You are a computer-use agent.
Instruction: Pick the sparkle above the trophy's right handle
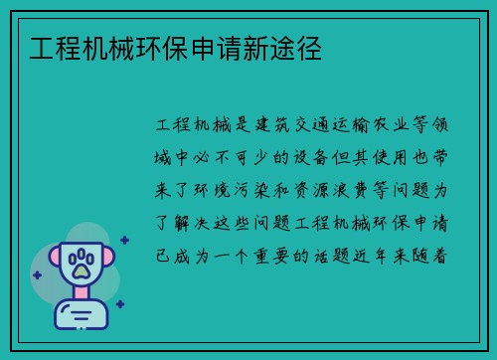(x=124, y=240)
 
